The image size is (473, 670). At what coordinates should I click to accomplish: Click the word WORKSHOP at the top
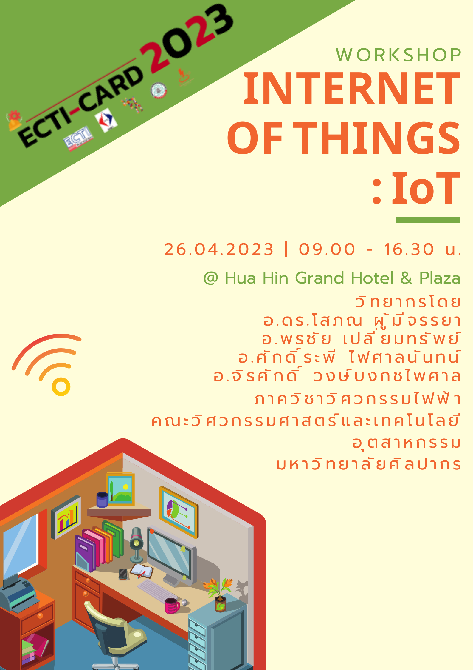point(398,55)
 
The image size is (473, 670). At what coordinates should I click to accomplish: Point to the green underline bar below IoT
point(427,220)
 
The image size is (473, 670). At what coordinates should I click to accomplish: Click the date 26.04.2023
point(219,249)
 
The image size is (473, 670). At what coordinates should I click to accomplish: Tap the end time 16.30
point(409,249)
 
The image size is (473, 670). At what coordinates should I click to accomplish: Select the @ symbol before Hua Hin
point(211,278)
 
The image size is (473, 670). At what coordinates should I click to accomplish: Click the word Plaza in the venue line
point(440,278)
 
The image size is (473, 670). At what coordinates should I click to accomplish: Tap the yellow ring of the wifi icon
point(61,387)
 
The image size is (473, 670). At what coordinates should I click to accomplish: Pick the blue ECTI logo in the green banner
point(78,138)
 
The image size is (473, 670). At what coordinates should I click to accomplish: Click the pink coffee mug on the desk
point(172,606)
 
